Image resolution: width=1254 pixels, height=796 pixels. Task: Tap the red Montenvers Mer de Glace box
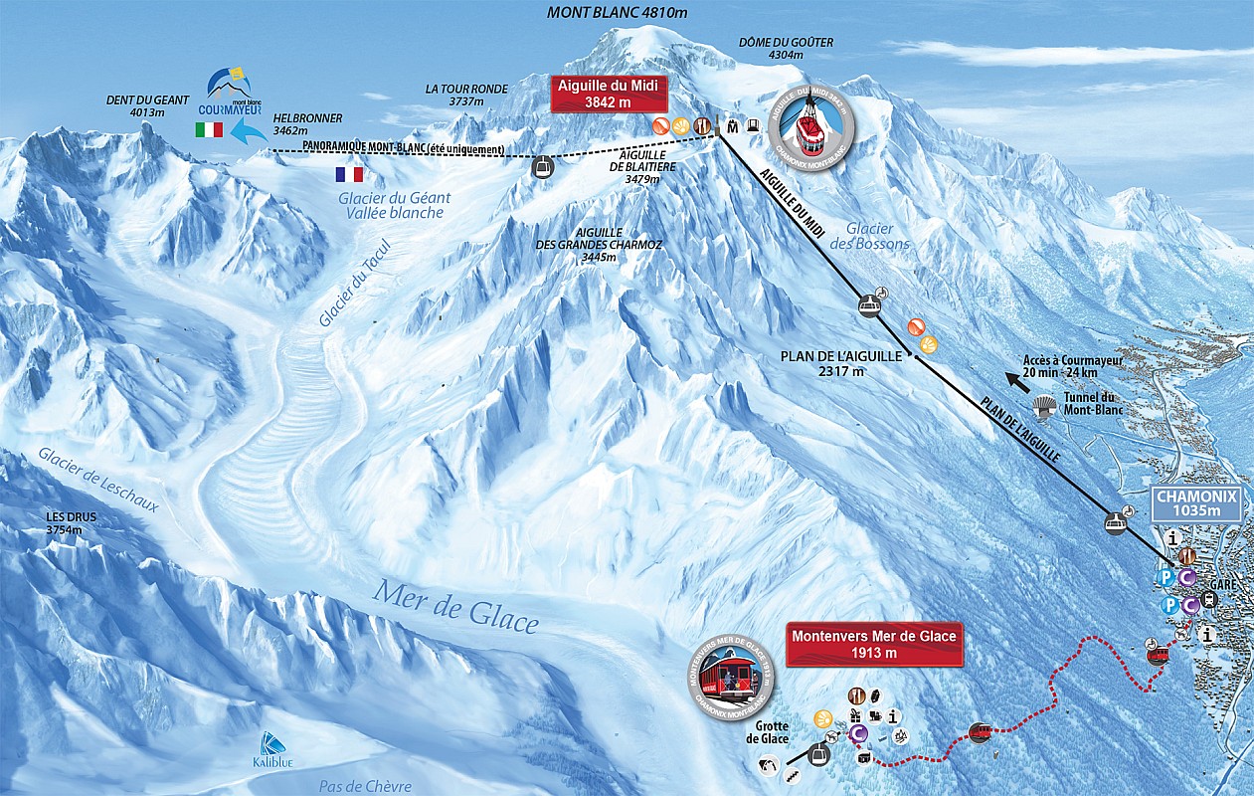click(874, 644)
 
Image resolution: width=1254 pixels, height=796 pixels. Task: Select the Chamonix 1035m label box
click(1197, 503)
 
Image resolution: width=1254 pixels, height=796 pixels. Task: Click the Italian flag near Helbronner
click(209, 129)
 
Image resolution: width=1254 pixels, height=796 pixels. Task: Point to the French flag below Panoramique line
click(349, 174)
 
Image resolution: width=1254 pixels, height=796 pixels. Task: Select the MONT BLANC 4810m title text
click(618, 13)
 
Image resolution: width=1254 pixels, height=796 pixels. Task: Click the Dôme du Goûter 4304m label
click(786, 49)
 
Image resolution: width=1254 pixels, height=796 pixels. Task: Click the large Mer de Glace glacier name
click(455, 606)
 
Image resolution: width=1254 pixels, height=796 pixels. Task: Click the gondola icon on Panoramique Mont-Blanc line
click(543, 167)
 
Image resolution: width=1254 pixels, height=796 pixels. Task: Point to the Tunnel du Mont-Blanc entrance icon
click(1043, 403)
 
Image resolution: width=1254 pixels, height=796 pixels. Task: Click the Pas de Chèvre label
click(365, 786)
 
